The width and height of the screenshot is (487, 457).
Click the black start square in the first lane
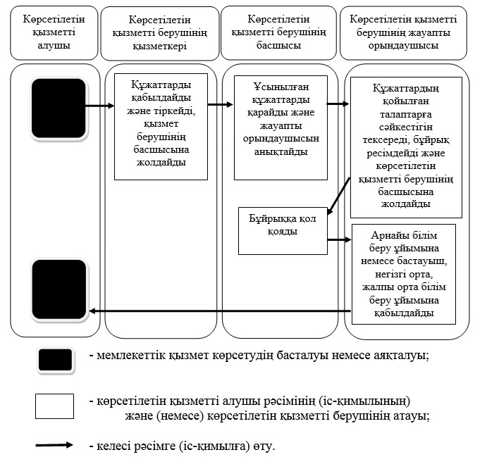point(58,107)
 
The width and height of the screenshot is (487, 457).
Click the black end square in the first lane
point(58,289)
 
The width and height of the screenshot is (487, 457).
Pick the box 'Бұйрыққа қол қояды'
point(283,230)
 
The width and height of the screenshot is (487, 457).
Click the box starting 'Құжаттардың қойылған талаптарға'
point(405,146)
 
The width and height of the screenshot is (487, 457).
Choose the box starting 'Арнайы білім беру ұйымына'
point(403,273)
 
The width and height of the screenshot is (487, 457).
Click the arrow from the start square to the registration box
point(100,107)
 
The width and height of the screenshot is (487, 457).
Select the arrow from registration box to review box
point(221,106)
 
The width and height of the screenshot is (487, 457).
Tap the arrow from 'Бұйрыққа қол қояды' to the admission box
point(339,239)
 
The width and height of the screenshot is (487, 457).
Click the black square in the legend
point(54,360)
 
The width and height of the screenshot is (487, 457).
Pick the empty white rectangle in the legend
point(54,406)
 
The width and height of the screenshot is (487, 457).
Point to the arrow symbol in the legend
point(54,445)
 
